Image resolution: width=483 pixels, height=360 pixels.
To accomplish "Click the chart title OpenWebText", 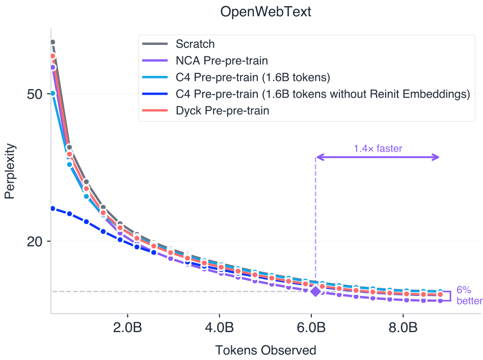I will pos(265,12).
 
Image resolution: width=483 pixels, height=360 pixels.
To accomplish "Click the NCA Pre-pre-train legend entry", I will pos(222,61).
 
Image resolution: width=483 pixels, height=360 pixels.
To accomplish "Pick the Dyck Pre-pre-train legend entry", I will pos(222,110).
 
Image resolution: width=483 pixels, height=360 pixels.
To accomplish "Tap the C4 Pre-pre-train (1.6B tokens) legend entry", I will pos(253,77).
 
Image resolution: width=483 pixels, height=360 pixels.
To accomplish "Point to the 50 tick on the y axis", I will pos(35,95).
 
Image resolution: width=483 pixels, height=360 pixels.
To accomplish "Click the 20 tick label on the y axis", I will pos(35,241).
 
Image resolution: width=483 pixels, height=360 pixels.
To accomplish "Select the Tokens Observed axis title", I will pos(265,350).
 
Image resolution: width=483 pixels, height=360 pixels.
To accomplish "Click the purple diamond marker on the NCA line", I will pos(316,291).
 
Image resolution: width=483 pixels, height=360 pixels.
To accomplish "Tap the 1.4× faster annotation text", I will pos(378,149).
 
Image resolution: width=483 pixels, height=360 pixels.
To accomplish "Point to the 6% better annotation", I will pos(467,295).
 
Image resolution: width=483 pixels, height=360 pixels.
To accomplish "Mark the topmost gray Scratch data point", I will pos(52,42).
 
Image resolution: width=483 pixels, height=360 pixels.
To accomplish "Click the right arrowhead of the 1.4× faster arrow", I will pos(436,157).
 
